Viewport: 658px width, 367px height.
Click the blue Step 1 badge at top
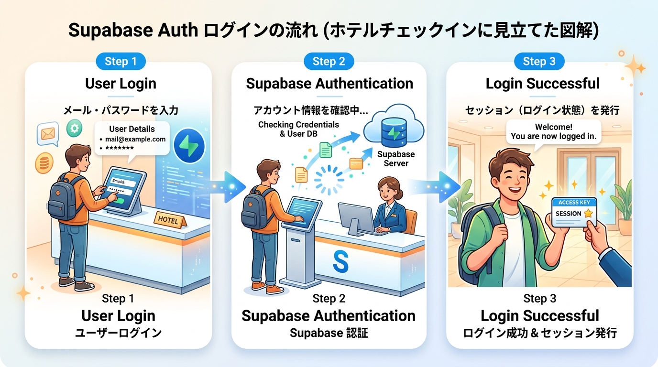click(121, 61)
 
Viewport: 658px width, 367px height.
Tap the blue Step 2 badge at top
click(329, 61)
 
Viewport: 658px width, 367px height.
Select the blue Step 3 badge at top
click(539, 61)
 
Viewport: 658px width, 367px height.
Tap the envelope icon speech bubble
click(48, 134)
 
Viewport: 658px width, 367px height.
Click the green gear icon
click(74, 128)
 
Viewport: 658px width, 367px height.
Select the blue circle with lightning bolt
click(189, 146)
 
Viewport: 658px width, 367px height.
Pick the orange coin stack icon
click(44, 163)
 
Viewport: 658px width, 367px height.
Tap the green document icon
click(326, 150)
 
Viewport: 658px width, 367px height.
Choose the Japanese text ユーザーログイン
click(118, 333)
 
